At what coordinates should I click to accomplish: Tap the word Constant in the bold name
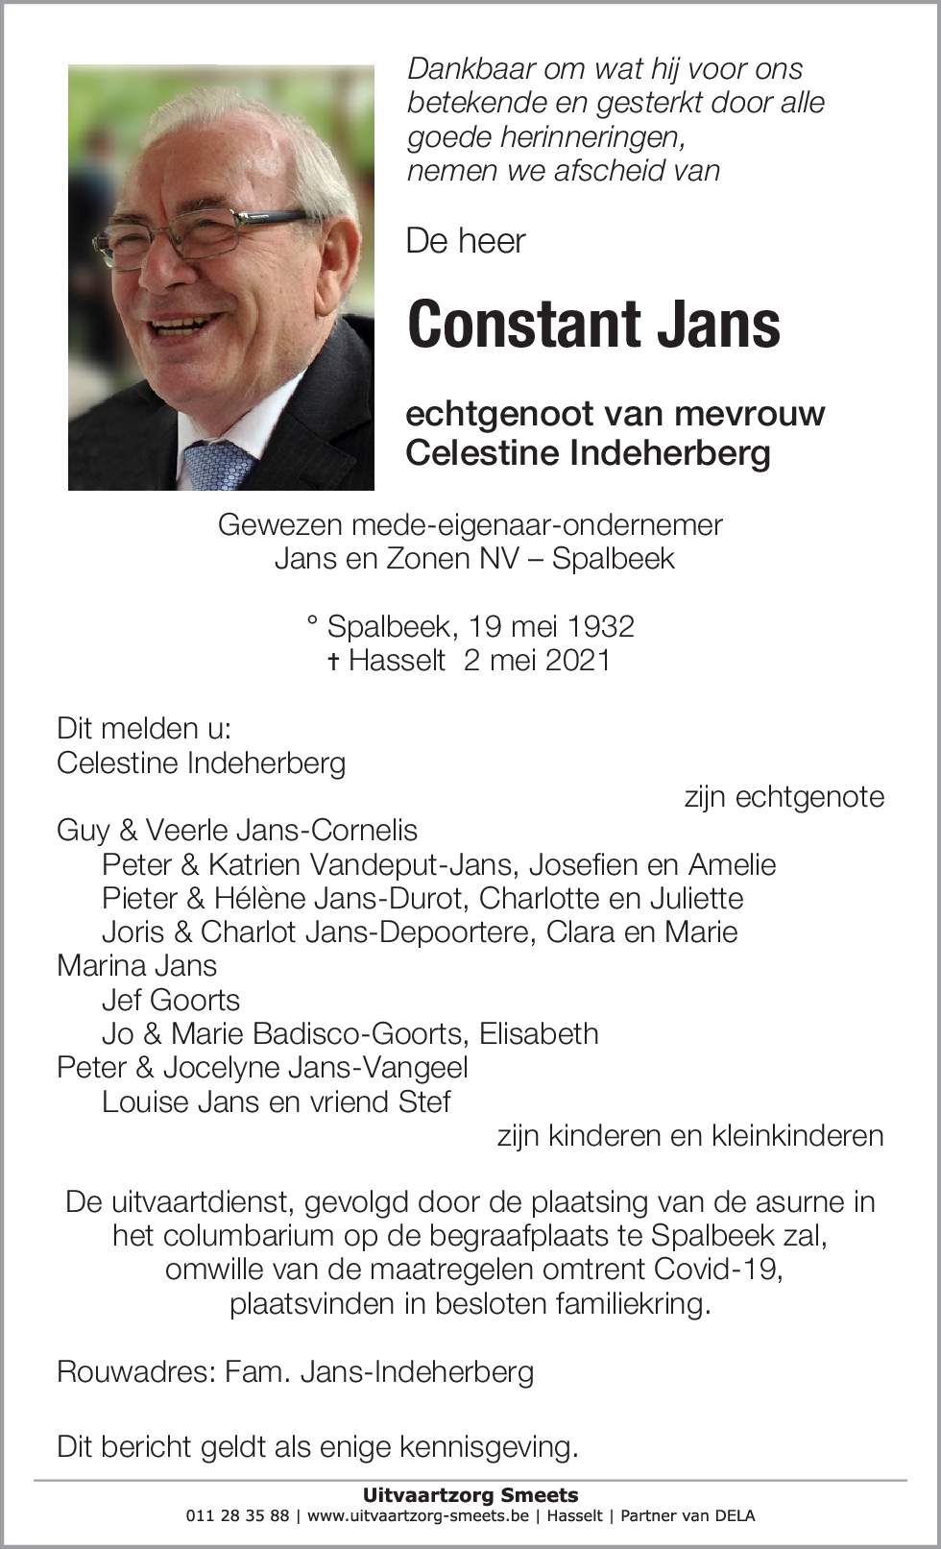(x=524, y=325)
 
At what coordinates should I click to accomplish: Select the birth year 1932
(x=600, y=626)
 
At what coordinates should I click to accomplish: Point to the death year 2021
(x=575, y=661)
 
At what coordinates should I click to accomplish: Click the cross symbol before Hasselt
(x=333, y=662)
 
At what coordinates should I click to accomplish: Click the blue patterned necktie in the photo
(x=219, y=465)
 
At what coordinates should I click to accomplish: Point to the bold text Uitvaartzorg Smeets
(x=470, y=1495)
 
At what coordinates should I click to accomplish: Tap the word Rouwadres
(x=133, y=1371)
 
